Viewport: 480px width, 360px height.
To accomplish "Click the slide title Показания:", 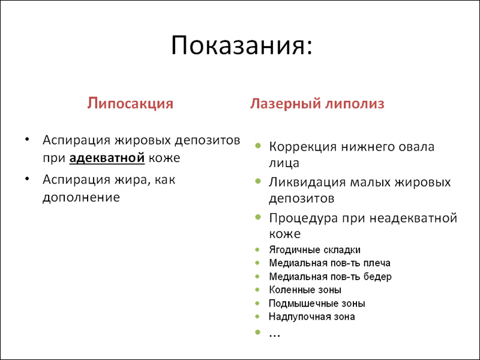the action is click(242, 46).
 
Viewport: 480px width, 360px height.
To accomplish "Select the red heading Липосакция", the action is click(130, 104).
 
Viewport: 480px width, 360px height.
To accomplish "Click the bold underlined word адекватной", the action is click(107, 158).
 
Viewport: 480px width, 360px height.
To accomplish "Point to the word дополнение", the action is click(81, 197).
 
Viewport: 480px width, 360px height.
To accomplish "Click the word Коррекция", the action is click(303, 147).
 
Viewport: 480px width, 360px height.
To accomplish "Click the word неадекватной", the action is click(413, 218).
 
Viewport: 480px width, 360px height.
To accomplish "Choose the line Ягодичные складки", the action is click(314, 250).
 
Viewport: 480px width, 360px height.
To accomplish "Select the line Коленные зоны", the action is click(305, 290).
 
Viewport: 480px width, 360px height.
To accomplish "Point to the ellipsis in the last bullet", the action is click(275, 335).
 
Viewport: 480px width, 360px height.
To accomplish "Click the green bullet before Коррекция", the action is click(258, 145).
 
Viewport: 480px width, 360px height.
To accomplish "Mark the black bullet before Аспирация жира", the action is click(27, 179).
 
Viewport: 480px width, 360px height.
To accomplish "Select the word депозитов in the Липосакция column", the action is click(208, 140).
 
